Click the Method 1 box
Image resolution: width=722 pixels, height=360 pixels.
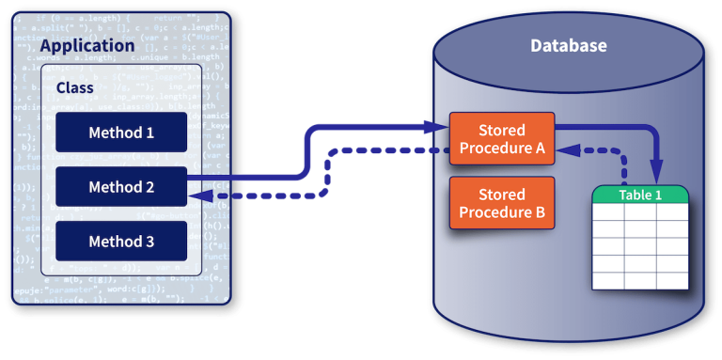pyautogui.click(x=121, y=133)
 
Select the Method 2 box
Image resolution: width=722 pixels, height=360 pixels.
pyautogui.click(x=121, y=187)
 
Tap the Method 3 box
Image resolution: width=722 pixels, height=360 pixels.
pyautogui.click(x=121, y=242)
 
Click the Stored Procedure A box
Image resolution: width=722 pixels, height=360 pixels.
pyautogui.click(x=502, y=139)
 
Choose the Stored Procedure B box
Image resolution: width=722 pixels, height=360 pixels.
pyautogui.click(x=502, y=203)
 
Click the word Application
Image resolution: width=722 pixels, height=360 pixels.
pyautogui.click(x=87, y=45)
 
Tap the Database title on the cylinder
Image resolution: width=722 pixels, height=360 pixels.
pyautogui.click(x=569, y=45)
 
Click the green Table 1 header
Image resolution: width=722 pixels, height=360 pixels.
pyautogui.click(x=640, y=195)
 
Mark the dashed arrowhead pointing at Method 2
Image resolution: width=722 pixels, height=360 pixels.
pyautogui.click(x=195, y=196)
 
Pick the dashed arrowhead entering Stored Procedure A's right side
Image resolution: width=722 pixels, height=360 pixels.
pyautogui.click(x=562, y=150)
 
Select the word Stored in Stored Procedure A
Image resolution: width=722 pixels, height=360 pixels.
pyautogui.click(x=502, y=130)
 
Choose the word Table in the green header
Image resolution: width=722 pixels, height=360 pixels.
pyautogui.click(x=635, y=195)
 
